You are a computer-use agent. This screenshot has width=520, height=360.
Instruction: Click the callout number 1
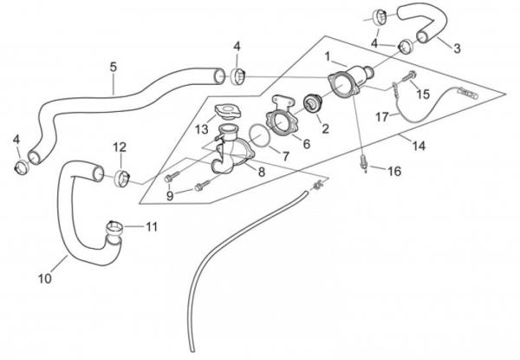coord(328,56)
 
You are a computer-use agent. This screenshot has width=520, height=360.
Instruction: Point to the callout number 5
coord(114,66)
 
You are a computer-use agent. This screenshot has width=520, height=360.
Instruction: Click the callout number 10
coord(46,279)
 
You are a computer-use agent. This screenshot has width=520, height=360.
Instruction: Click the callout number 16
coord(393,172)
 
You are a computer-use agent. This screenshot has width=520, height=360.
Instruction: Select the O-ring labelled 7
coord(257,137)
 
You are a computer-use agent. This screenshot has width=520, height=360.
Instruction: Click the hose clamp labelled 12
coord(122,178)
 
